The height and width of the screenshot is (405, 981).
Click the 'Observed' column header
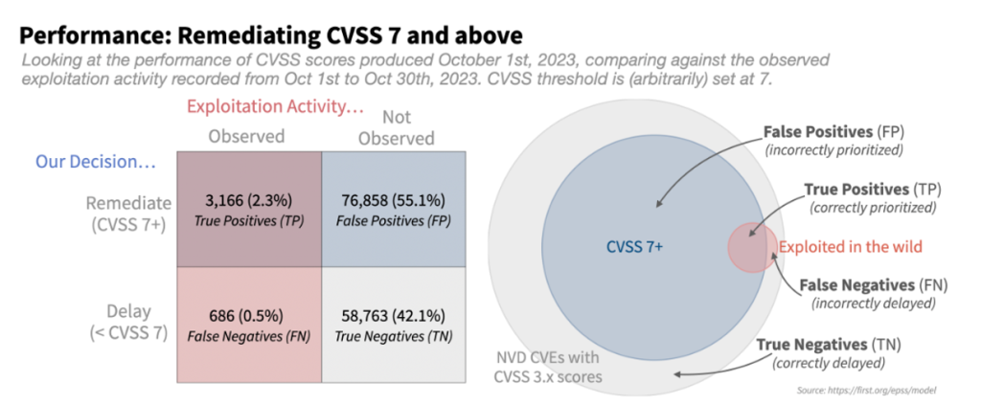click(246, 136)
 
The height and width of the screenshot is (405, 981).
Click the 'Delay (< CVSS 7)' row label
click(128, 321)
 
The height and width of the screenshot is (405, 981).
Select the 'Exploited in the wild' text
click(850, 247)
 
